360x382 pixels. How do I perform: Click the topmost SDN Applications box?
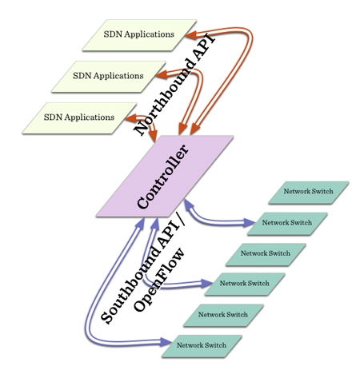pos(138,34)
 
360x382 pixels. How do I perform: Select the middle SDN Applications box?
pos(107,76)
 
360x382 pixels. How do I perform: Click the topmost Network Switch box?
pos(309,192)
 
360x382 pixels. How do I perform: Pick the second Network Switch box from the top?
pos(287,222)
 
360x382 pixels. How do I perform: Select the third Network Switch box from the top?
pos(266,253)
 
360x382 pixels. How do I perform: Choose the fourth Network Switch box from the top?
pos(244,284)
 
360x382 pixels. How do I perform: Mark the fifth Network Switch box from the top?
pos(222,314)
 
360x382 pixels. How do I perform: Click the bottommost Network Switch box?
pos(201,345)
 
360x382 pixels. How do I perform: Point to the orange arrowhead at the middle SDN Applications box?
pos(159,76)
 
